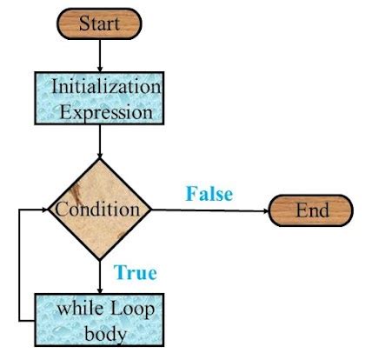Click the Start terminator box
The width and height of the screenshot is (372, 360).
coord(100,23)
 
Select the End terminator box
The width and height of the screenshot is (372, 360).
coord(311,210)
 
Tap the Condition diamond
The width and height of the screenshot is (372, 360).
coord(100,210)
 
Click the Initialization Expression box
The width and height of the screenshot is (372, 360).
coord(100,98)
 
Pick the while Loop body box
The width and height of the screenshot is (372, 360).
coord(100,320)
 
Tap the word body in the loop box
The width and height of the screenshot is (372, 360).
coord(100,332)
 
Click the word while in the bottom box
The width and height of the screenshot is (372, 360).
coord(78,309)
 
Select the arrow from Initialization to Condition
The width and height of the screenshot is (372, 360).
coord(100,141)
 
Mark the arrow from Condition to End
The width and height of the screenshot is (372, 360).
coord(209,210)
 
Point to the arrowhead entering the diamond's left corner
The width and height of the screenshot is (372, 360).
coord(43,210)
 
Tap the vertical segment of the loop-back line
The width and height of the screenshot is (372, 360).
coord(19,265)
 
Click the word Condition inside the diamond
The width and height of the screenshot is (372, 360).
coord(96,210)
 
